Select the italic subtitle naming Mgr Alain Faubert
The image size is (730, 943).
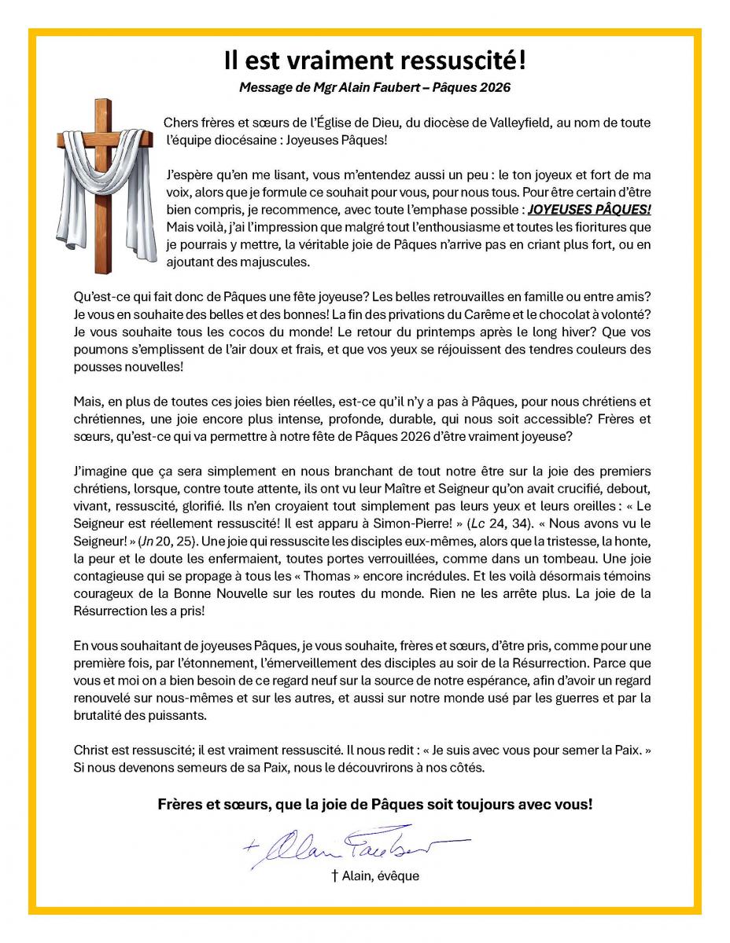click(374, 87)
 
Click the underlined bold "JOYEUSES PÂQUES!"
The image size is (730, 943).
click(589, 211)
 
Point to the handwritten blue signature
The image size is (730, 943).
click(354, 846)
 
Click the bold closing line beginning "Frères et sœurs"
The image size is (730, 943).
click(374, 804)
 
